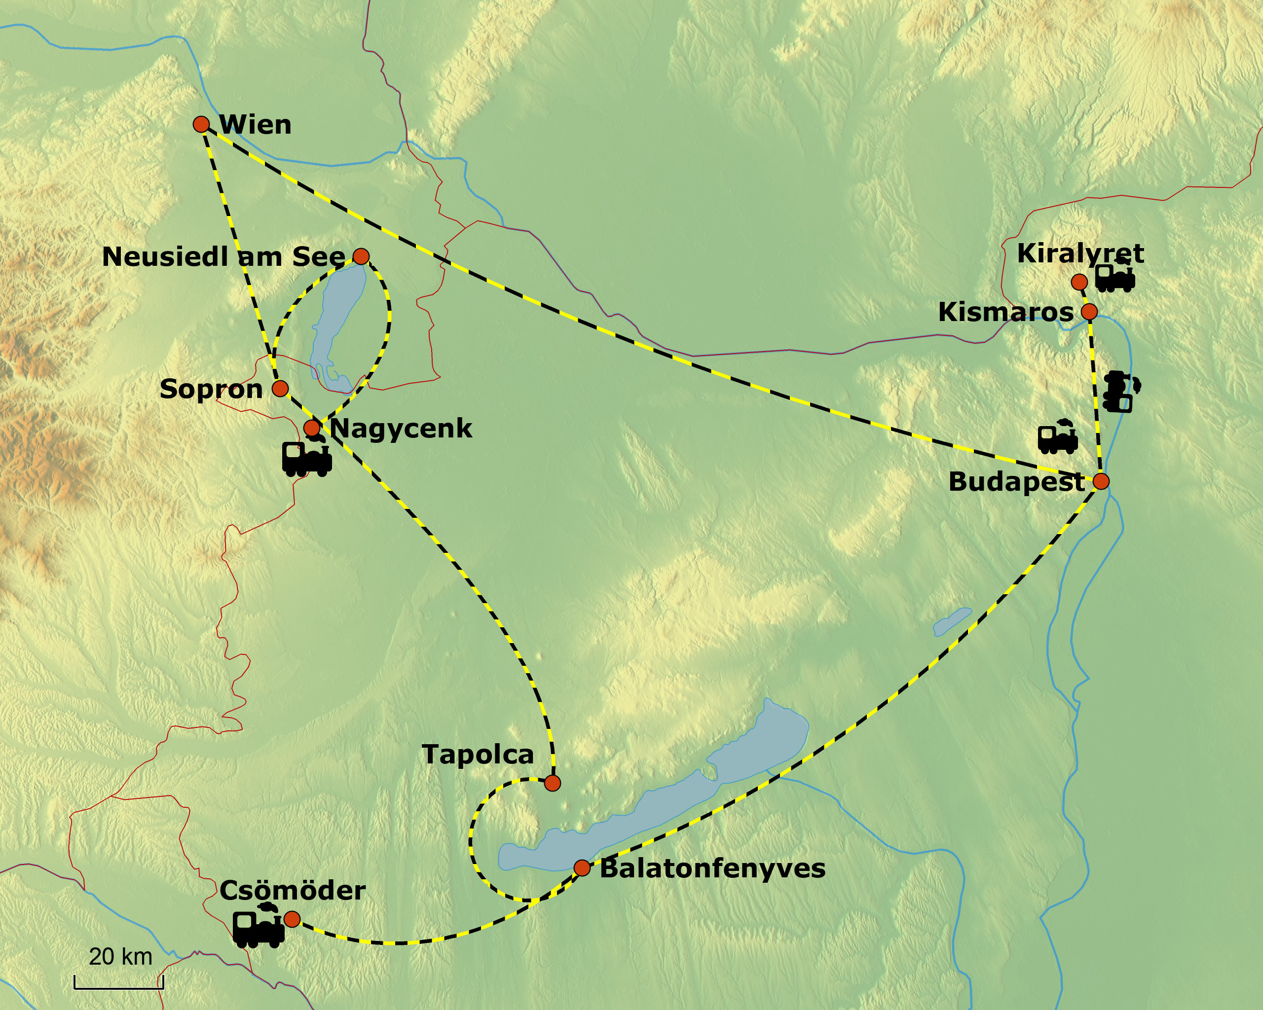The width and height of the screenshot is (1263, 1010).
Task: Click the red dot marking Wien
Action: coord(201,124)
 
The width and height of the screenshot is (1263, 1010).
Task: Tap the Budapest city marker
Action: coord(1101,481)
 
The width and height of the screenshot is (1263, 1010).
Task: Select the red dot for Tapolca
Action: coord(552,783)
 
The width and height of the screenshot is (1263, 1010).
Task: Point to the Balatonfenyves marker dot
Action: coord(582,867)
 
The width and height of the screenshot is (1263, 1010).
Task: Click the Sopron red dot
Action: coord(280,388)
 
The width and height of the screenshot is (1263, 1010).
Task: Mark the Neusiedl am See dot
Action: coord(361,256)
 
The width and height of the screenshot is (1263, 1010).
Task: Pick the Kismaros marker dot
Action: coord(1089,312)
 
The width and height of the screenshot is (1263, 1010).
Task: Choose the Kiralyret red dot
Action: coord(1079,282)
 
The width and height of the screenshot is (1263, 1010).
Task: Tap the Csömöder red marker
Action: coord(292,919)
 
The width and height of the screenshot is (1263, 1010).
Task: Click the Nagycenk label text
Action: coord(401,429)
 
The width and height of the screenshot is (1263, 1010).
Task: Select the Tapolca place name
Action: coord(478,754)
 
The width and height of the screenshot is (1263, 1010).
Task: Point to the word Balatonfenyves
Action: coord(712,868)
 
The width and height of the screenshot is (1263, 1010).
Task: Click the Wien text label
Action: coord(256,125)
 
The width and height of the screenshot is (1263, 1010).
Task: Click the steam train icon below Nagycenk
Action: coord(307,457)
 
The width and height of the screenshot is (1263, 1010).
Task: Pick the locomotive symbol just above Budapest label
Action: coord(1058,438)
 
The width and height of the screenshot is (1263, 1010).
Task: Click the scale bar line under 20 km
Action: coord(119,988)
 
